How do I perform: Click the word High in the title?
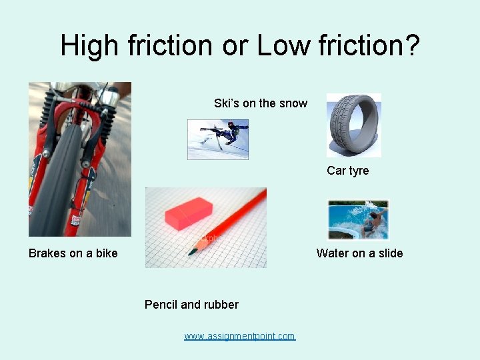tap(90, 46)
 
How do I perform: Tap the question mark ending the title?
tap(412, 46)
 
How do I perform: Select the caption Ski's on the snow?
tap(260, 103)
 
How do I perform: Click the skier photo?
tap(218, 139)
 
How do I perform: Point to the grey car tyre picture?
tap(353, 125)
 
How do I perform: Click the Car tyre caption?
tap(347, 171)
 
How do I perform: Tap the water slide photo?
tap(358, 220)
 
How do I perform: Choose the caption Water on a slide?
tap(359, 253)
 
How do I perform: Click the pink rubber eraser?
tap(187, 213)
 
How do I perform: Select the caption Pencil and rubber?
tap(191, 305)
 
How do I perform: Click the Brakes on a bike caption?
tap(73, 253)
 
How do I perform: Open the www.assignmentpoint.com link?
tap(239, 336)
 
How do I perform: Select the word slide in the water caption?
tap(389, 253)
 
